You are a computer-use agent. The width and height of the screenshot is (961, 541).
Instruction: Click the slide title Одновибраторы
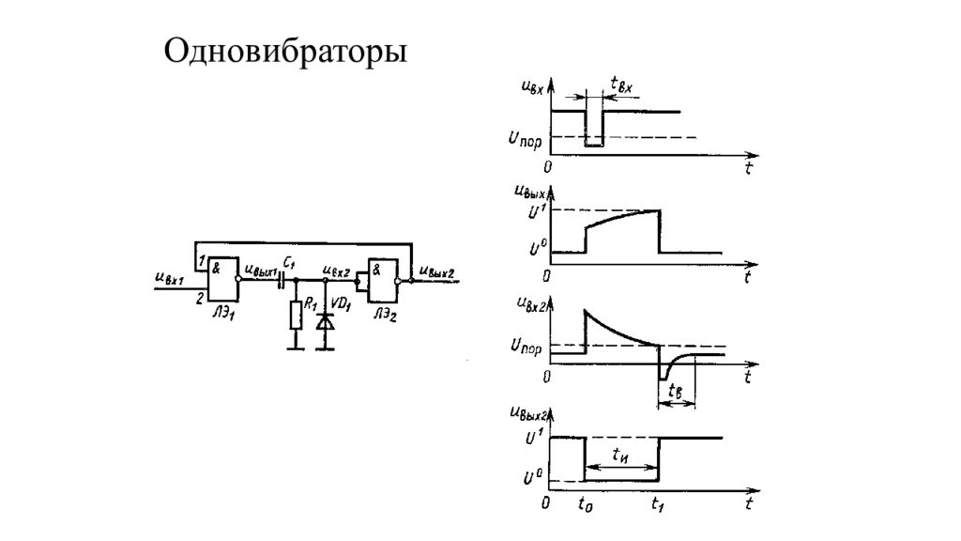pos(285,51)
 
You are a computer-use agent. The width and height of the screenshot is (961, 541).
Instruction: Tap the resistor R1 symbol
pos(297,316)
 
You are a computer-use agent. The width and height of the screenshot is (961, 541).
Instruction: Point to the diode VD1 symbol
pos(326,320)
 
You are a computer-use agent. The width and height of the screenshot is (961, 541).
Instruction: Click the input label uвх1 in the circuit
pos(169,278)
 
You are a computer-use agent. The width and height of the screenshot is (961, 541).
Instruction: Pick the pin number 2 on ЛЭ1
pos(200,299)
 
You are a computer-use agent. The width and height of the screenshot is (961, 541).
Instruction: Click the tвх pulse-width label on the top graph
pos(623,85)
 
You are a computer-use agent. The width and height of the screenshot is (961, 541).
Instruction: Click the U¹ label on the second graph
pos(537,211)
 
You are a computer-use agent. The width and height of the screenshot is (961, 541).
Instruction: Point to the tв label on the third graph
pos(675,391)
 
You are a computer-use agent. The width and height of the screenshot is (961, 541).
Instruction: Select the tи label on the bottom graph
pos(620,455)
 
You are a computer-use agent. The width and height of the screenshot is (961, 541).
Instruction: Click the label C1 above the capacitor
pos(289,262)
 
